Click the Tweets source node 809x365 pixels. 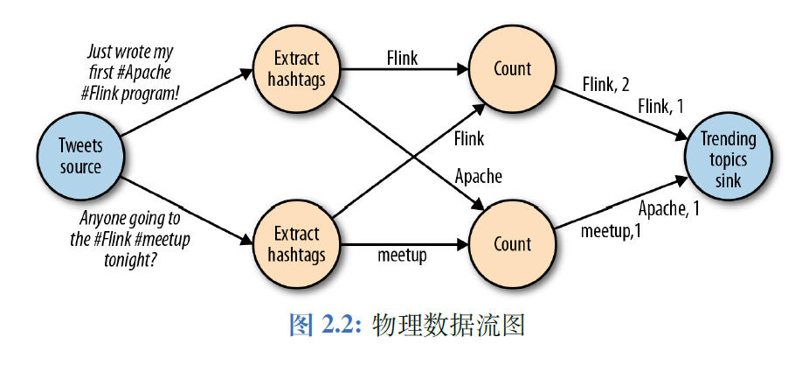tap(80, 156)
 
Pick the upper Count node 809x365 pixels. tap(512, 69)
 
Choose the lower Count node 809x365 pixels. tap(512, 244)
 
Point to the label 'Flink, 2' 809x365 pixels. tap(605, 85)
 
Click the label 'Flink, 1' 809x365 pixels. tap(660, 107)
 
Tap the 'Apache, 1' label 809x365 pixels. tap(669, 208)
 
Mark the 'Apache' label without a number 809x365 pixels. tap(479, 176)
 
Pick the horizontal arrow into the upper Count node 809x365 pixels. tap(402, 69)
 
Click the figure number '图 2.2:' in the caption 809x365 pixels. tap(322, 326)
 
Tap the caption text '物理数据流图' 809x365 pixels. tap(447, 326)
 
